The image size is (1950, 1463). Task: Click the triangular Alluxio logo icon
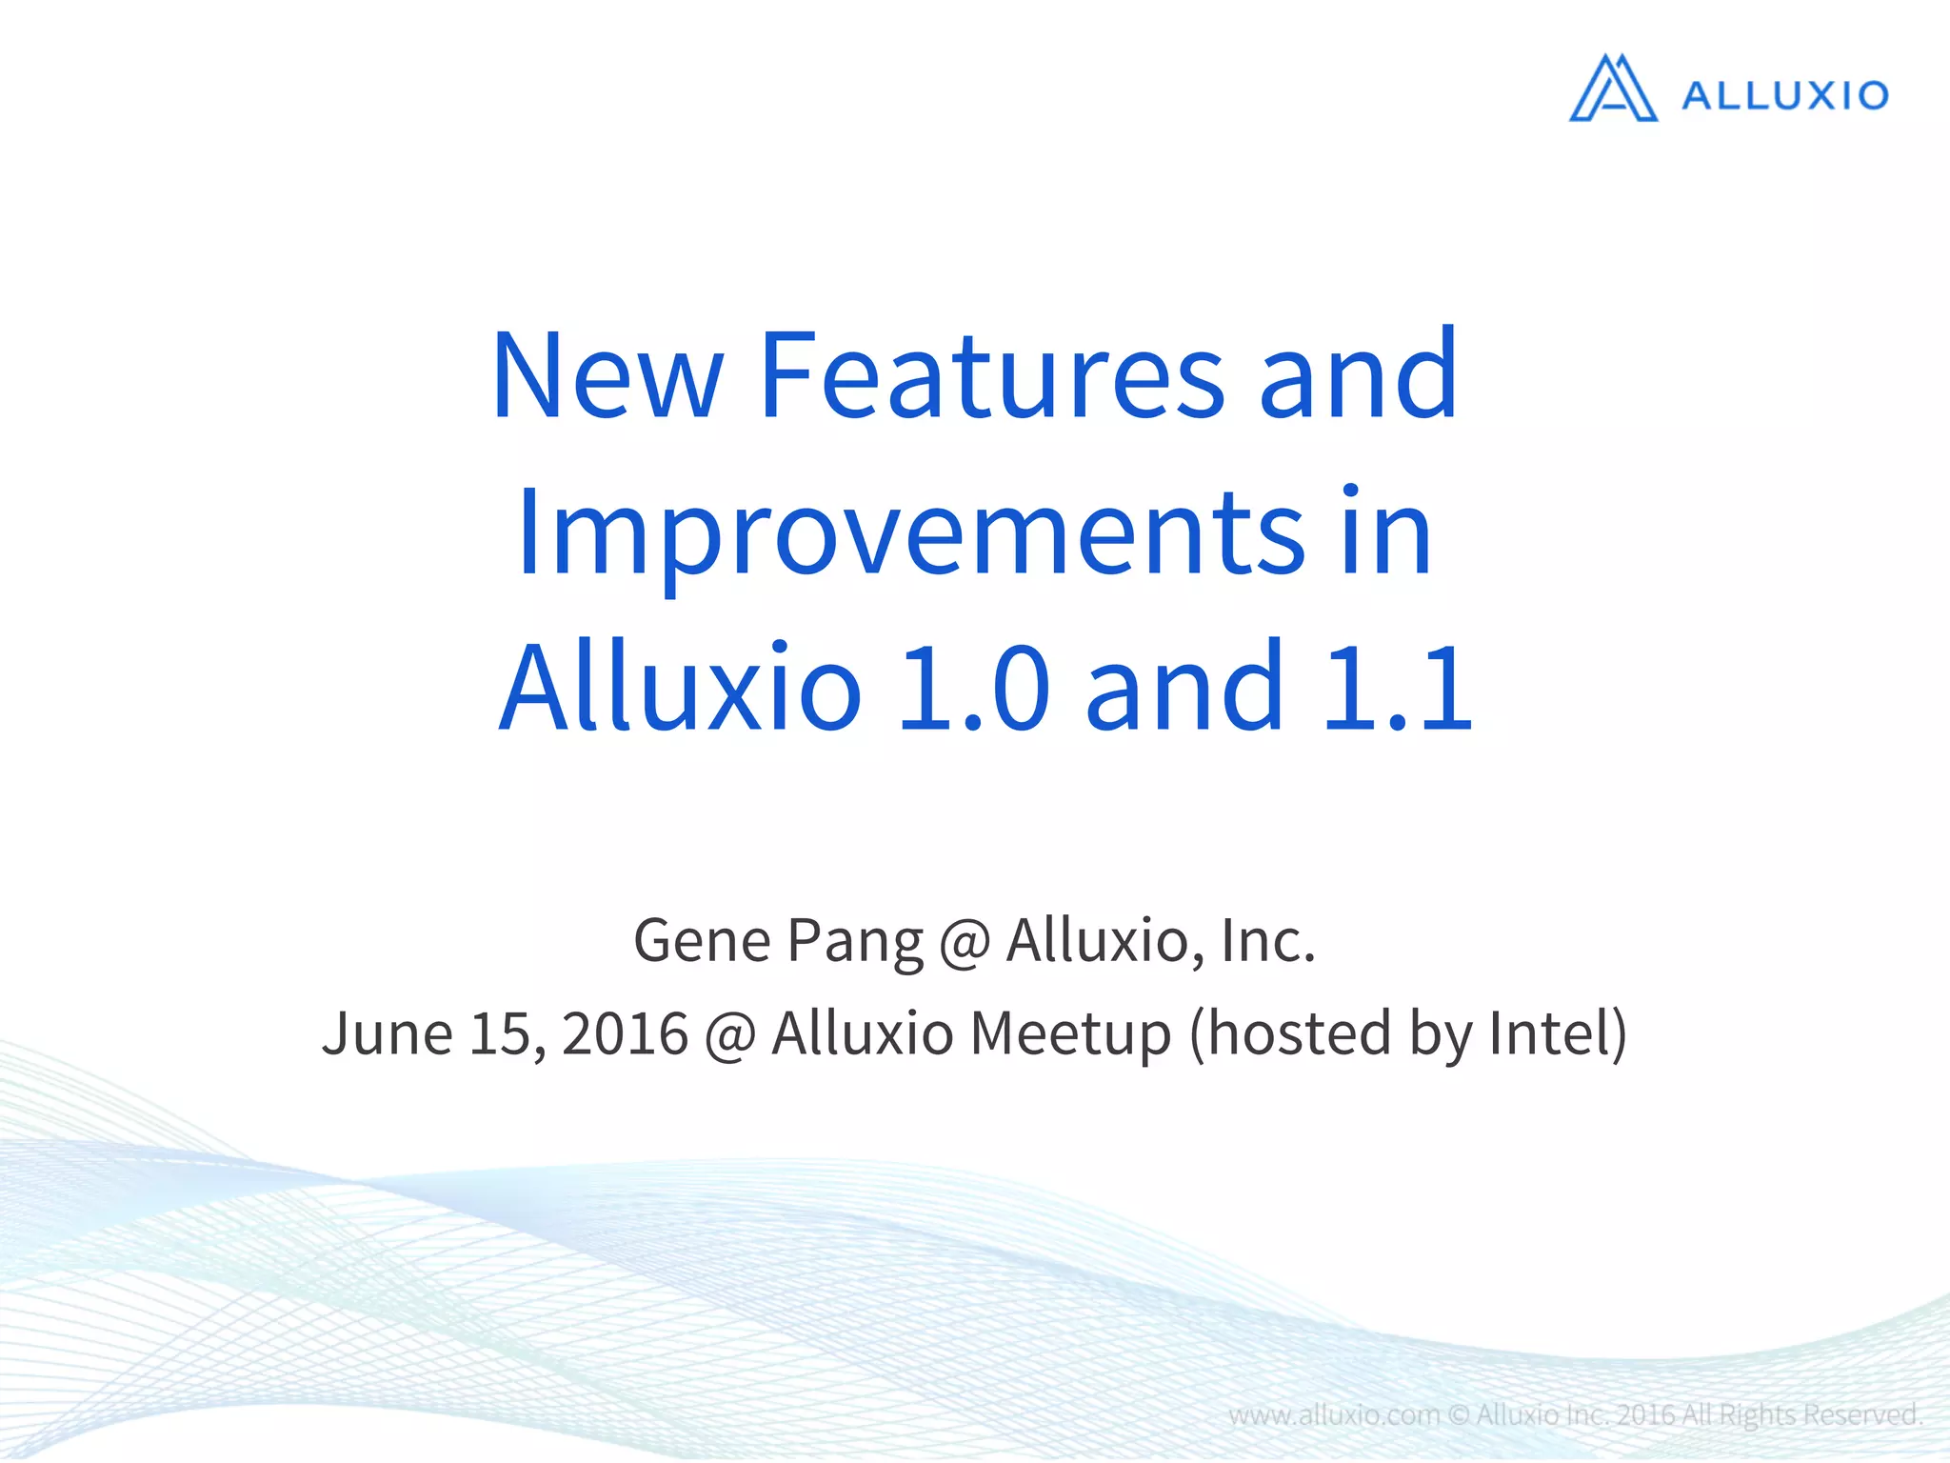(x=1613, y=90)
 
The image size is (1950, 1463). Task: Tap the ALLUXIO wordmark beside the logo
(x=1785, y=95)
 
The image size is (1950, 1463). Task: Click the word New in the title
(x=607, y=375)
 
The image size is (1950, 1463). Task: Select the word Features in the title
(x=991, y=375)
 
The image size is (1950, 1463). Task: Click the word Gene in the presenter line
(x=702, y=941)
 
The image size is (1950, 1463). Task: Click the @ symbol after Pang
(x=965, y=943)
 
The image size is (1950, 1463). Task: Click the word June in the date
(x=387, y=1034)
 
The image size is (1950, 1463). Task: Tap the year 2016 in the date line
(x=625, y=1034)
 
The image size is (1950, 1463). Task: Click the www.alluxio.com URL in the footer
(x=1333, y=1415)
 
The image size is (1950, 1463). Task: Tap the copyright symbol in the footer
(x=1458, y=1415)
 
